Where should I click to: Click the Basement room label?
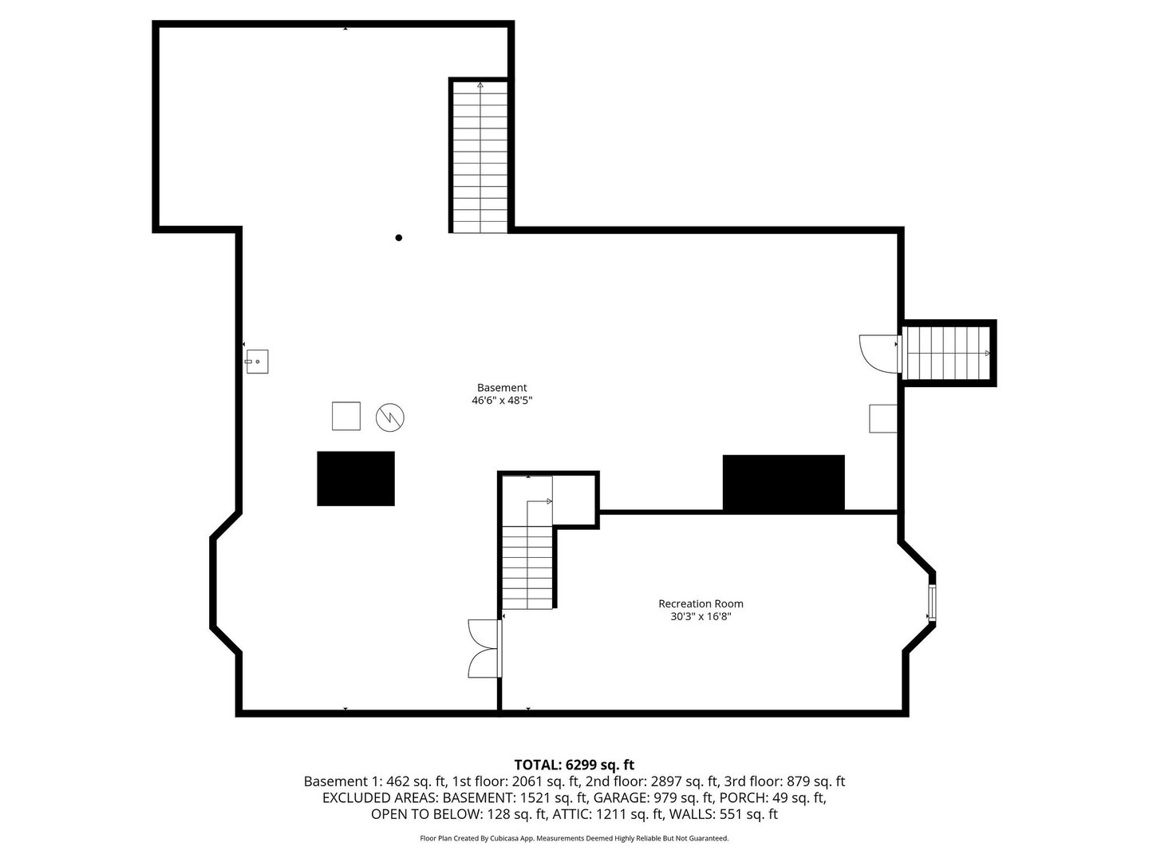tap(502, 388)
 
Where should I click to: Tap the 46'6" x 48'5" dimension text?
tap(502, 401)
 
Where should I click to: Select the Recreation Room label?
tap(701, 603)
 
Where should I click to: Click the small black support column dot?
tap(399, 237)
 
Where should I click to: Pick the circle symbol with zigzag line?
tap(390, 417)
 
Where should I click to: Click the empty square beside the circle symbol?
tap(346, 416)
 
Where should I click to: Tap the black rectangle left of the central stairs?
tap(356, 479)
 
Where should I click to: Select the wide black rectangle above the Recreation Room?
tap(784, 483)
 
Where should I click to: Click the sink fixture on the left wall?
tap(257, 362)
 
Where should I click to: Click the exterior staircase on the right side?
tap(948, 353)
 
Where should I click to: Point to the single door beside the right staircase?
tap(879, 354)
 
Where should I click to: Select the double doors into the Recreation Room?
tap(484, 649)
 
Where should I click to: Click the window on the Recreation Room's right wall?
tap(931, 603)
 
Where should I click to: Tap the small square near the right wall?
tap(883, 418)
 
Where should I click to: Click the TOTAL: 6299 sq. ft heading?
tap(574, 765)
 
